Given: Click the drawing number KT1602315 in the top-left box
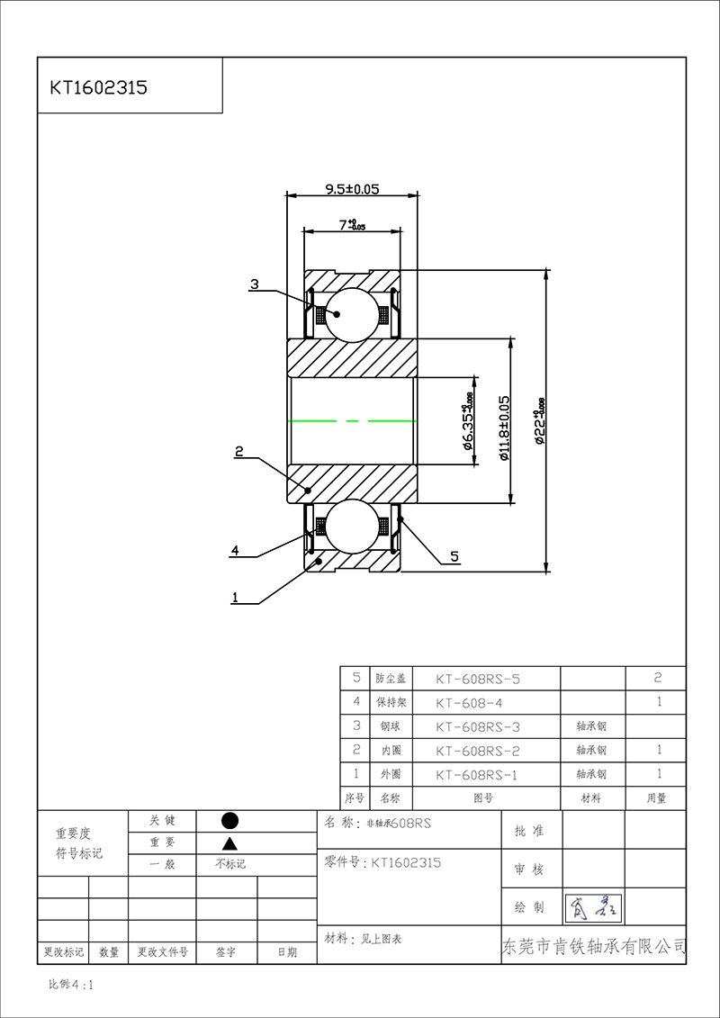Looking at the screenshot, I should pos(99,87).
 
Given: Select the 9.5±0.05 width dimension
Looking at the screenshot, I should pos(351,189).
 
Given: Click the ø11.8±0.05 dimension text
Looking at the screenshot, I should pos(504,428).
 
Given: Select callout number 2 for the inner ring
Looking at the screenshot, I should pos(239,452).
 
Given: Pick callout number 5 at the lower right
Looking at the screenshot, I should pos(454,557).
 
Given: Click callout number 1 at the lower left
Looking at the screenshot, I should pos(235,596).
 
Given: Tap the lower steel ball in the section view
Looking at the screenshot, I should pos(352,527).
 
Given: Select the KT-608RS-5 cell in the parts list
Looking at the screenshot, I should pos(478,679).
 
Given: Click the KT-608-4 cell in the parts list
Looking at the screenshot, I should pos(478,702).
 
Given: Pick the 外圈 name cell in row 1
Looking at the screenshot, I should pos(391,774).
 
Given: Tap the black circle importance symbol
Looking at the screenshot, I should pos(229,820).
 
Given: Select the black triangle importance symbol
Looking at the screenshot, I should pos(229,843).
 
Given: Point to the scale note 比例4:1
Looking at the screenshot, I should pos(71,985).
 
